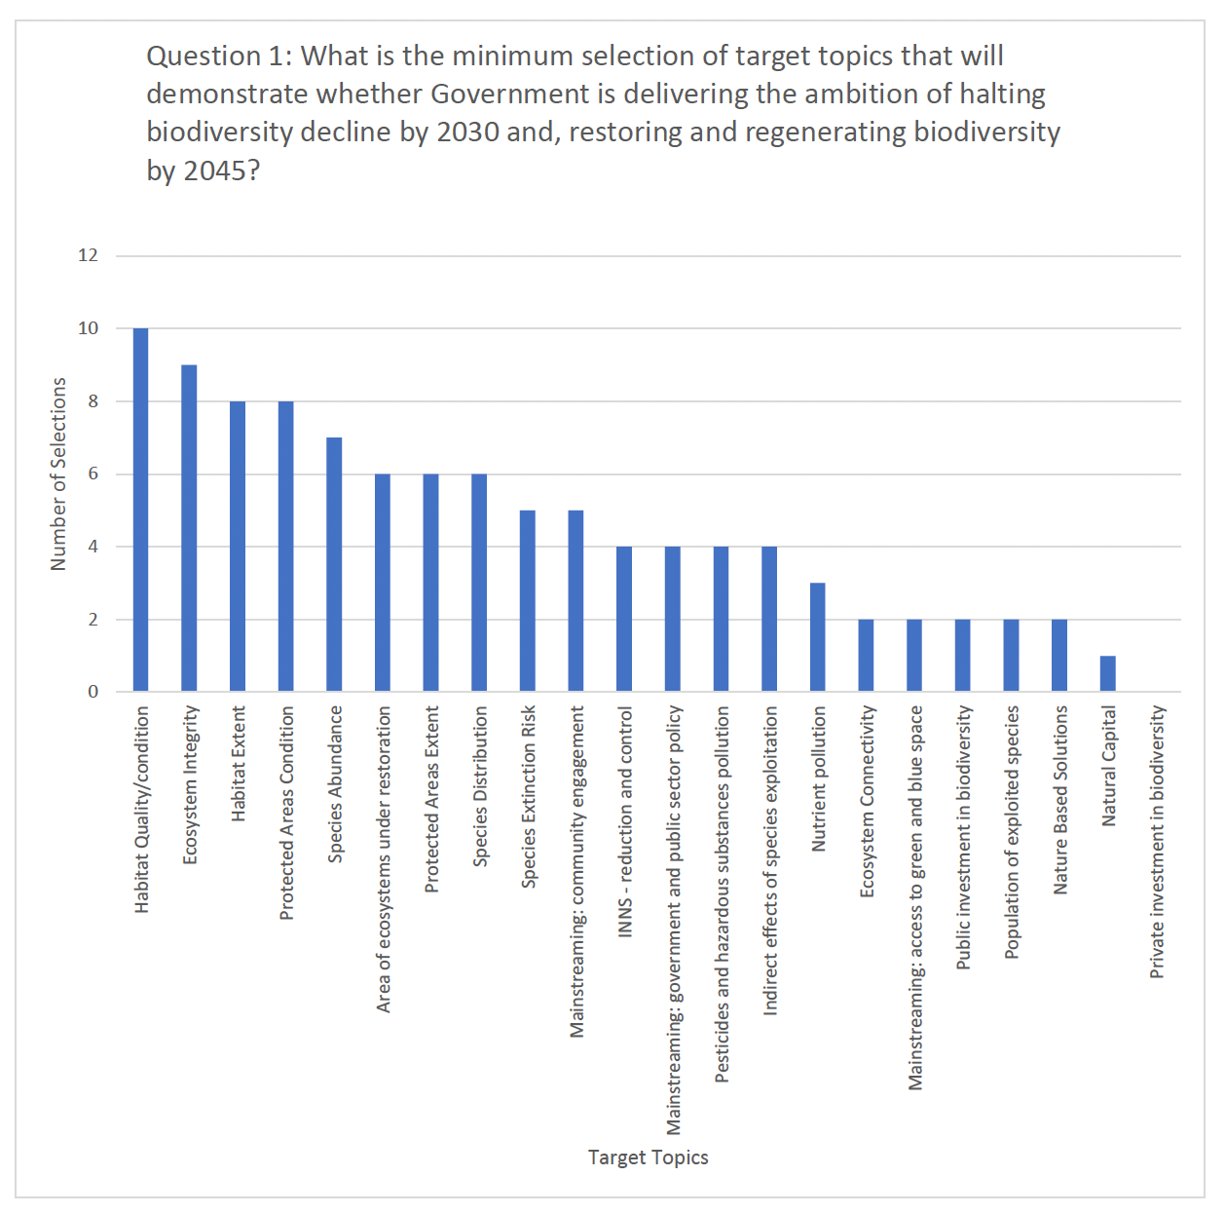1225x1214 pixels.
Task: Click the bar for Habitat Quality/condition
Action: pos(140,510)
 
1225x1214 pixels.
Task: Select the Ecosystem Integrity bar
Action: pos(189,528)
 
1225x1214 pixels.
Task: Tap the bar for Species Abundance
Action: pos(334,564)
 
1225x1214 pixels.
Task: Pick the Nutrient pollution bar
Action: pos(818,637)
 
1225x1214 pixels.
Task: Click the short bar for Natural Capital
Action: pos(1108,673)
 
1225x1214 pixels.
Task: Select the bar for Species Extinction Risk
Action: pos(527,600)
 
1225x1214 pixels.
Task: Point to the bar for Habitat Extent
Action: pos(238,546)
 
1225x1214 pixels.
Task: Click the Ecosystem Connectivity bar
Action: pos(866,655)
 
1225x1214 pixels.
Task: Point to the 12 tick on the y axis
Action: pos(89,255)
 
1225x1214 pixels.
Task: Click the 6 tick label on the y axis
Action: pos(93,474)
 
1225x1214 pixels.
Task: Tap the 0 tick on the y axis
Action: pos(93,692)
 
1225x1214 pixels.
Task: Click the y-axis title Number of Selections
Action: pos(58,474)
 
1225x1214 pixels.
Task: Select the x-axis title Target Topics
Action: pos(648,1157)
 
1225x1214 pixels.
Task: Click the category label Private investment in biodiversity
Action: pos(1157,842)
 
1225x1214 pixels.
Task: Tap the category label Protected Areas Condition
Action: pos(286,813)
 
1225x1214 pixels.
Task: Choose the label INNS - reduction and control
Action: pos(625,821)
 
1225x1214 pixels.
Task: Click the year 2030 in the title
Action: pos(467,132)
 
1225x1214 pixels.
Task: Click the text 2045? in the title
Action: pos(222,171)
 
